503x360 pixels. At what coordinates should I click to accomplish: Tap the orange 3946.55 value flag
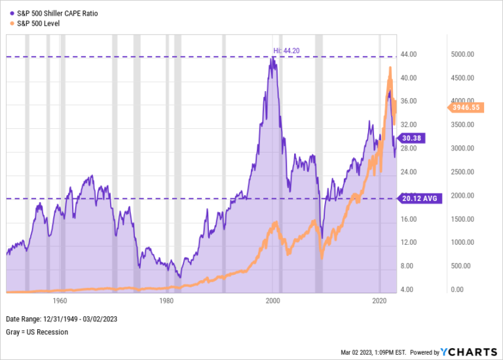pos(466,107)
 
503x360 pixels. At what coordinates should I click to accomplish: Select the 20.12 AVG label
pos(419,198)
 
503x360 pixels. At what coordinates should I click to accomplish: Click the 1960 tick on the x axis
pos(60,300)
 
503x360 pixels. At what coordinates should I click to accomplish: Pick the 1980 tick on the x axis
pos(166,300)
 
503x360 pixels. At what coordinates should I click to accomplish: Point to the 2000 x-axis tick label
pos(273,300)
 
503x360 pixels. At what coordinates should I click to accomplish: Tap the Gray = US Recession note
pos(37,332)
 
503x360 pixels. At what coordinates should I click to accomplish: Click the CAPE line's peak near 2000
pos(272,58)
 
